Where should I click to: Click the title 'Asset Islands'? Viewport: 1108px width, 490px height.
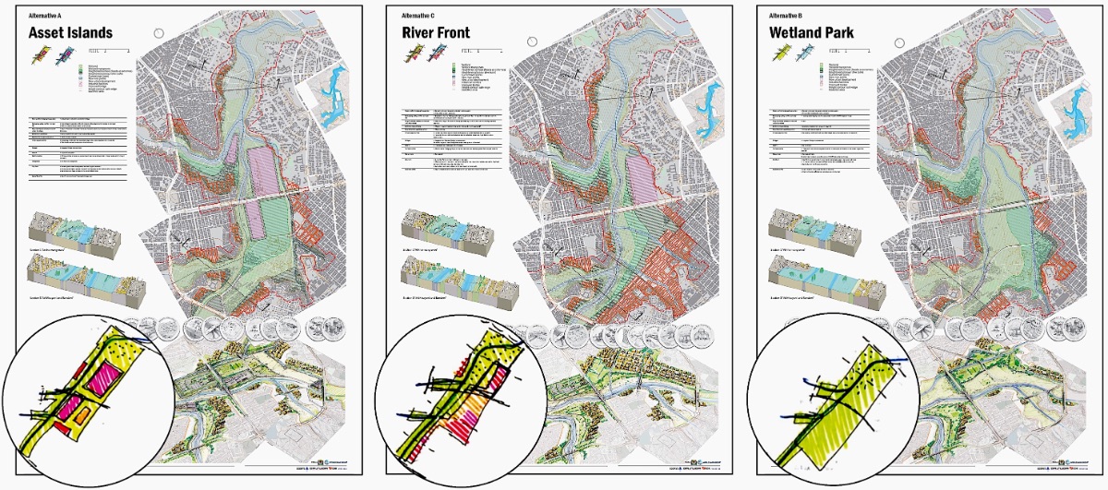pyautogui.click(x=70, y=33)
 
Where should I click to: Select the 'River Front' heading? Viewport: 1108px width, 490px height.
pyautogui.click(x=435, y=33)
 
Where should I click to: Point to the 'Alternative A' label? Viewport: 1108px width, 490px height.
pyautogui.click(x=45, y=16)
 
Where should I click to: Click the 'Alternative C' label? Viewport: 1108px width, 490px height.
pyautogui.click(x=418, y=16)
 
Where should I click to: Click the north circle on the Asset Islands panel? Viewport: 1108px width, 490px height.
pyautogui.click(x=159, y=32)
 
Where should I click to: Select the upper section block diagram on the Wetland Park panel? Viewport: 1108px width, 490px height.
pyautogui.click(x=816, y=230)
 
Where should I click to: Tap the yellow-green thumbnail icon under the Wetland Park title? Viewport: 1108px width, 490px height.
pyautogui.click(x=783, y=57)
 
